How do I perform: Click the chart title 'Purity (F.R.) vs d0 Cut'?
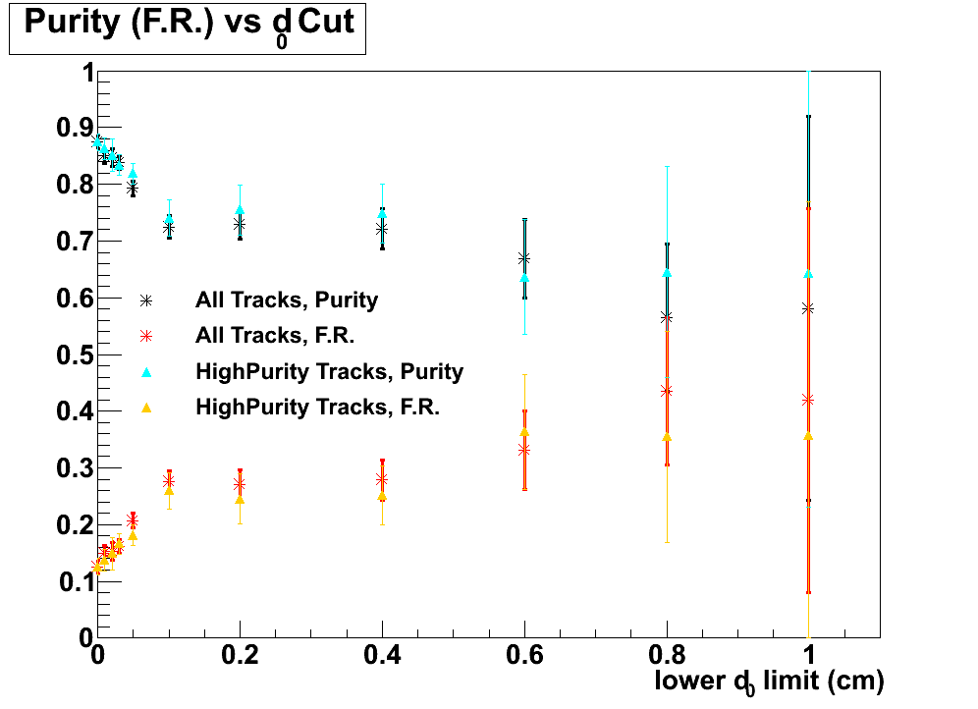click(x=188, y=26)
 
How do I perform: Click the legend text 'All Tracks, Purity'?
click(x=287, y=300)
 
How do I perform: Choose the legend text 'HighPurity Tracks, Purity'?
click(x=329, y=371)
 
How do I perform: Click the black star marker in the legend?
click(x=145, y=300)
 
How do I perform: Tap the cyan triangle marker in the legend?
click(x=145, y=371)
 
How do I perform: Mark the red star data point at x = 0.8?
click(x=667, y=391)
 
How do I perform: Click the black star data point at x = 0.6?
click(x=524, y=259)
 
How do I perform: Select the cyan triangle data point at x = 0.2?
click(x=240, y=210)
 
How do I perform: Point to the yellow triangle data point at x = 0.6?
click(x=524, y=431)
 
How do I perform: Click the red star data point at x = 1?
click(x=808, y=400)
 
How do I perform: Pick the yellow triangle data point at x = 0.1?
click(x=169, y=490)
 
